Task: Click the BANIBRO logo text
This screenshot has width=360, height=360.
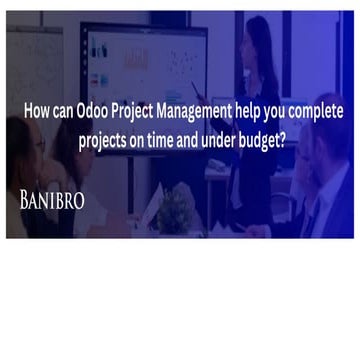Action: [52, 200]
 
